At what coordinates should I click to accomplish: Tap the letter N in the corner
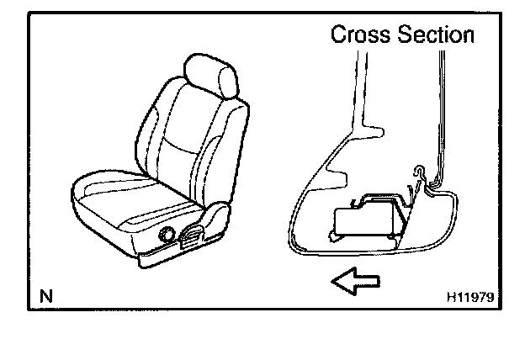(x=45, y=295)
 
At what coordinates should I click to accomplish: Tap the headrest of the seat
(x=209, y=77)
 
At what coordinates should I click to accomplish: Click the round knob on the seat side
(x=167, y=235)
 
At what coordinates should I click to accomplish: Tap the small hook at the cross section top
(x=417, y=172)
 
